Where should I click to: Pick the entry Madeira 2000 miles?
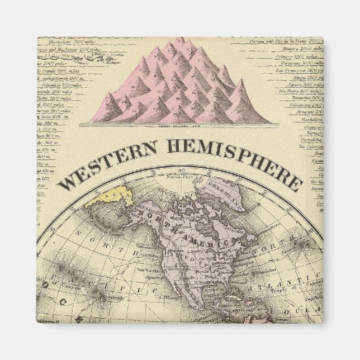[299, 49]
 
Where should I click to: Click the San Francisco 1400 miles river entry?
[299, 70]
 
